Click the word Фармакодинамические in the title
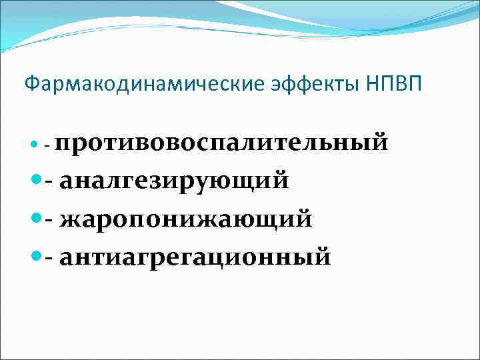119,85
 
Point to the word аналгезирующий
174,181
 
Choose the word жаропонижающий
185,219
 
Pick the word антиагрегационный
195,257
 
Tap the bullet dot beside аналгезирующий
37,181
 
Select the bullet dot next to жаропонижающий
37,218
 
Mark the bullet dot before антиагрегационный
37,256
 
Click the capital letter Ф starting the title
30,85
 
